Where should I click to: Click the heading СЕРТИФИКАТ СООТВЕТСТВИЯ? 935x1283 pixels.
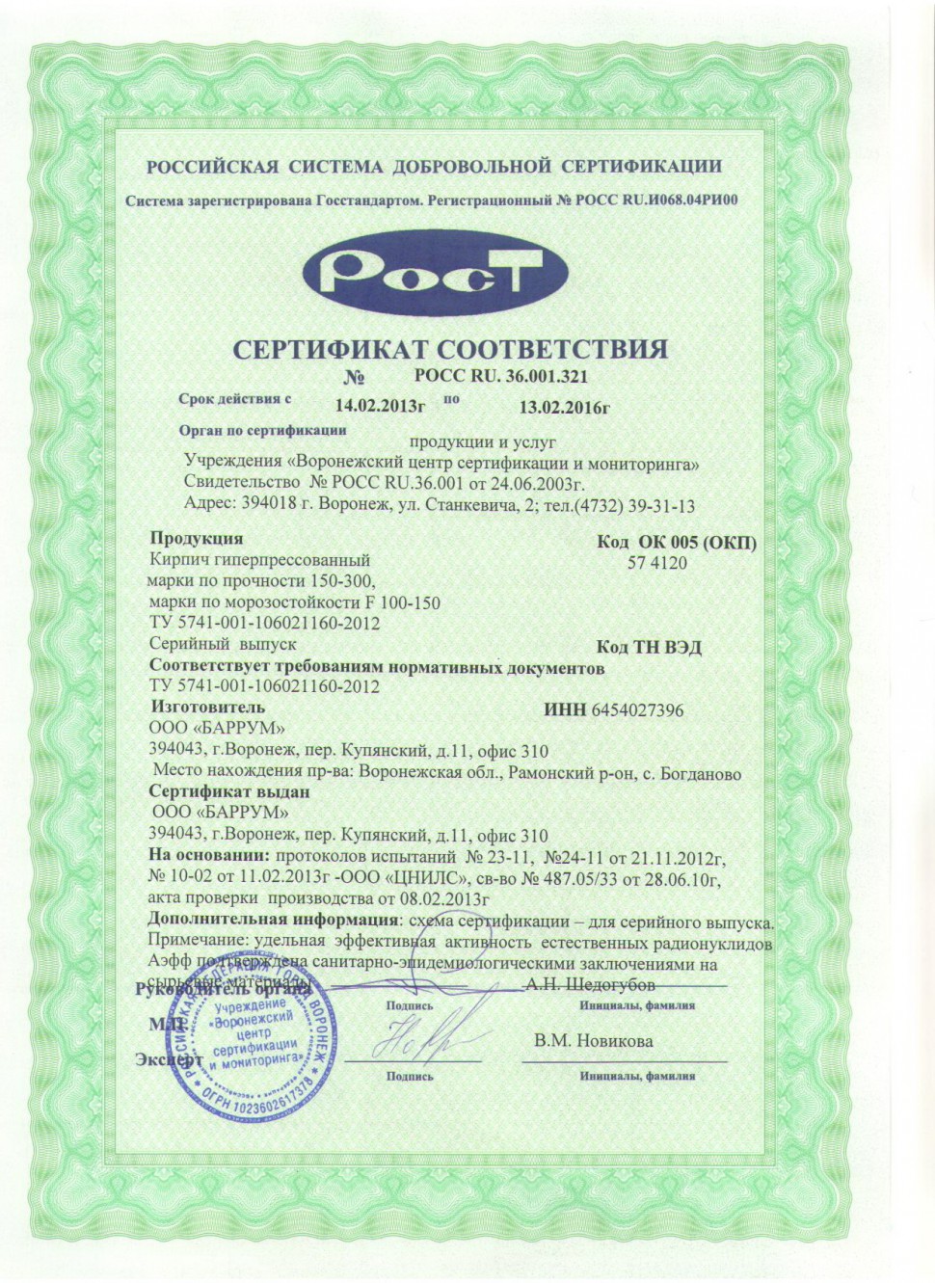(x=451, y=349)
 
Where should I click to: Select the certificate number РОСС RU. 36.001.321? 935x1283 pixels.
(x=500, y=376)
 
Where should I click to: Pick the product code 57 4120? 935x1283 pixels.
(x=657, y=563)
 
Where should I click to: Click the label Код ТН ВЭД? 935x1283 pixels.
(x=649, y=647)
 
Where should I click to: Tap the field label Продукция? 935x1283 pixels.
(x=197, y=539)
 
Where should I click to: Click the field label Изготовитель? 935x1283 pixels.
(x=207, y=708)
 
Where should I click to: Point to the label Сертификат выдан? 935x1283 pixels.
(x=229, y=791)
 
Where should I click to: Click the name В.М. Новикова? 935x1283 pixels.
(x=593, y=1041)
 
